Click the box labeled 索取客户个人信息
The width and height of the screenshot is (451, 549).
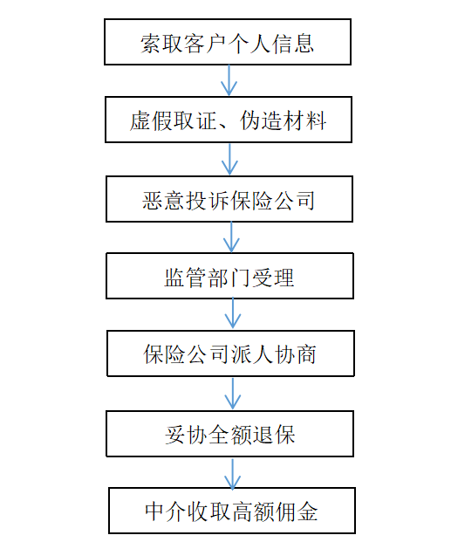click(x=228, y=42)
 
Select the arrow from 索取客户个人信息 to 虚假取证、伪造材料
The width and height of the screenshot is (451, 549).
click(x=229, y=80)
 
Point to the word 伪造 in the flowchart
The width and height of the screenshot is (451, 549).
click(x=261, y=120)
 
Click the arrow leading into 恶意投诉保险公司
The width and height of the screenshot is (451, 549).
click(x=230, y=160)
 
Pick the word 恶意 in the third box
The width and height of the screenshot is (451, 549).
click(x=163, y=201)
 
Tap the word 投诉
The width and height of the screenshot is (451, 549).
click(x=207, y=201)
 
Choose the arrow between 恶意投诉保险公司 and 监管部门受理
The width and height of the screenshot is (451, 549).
click(x=231, y=237)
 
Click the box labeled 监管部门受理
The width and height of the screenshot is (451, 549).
click(x=230, y=276)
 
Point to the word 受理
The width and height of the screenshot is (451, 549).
click(x=273, y=278)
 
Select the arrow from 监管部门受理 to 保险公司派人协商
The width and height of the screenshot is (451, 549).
click(x=233, y=313)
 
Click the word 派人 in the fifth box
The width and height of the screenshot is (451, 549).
click(x=251, y=354)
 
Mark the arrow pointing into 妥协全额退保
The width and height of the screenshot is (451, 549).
click(x=233, y=393)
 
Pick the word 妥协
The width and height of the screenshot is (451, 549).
click(x=186, y=435)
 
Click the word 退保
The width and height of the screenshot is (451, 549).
click(x=274, y=435)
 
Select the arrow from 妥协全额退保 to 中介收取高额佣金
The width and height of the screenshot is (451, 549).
click(x=232, y=474)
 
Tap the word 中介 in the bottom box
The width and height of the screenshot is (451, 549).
click(x=166, y=511)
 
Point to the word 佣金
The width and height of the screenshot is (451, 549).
click(x=297, y=511)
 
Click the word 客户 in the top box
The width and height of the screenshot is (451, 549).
click(x=206, y=44)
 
